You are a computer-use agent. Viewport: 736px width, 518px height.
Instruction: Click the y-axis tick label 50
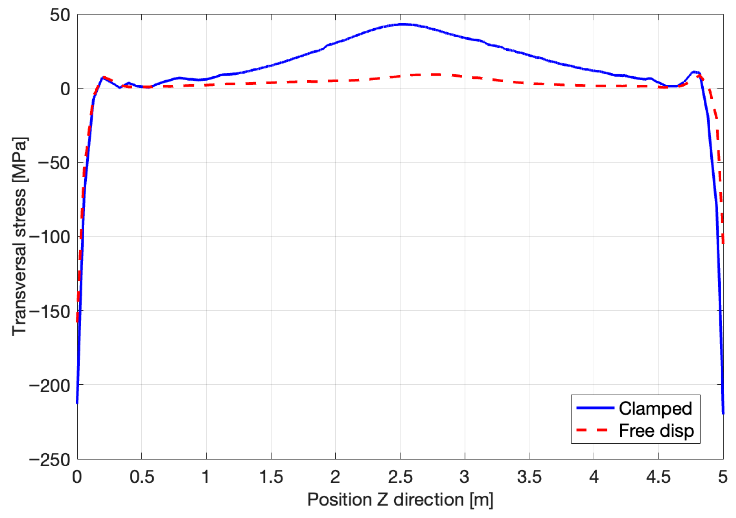coord(60,15)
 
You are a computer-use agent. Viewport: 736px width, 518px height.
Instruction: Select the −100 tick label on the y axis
coord(50,237)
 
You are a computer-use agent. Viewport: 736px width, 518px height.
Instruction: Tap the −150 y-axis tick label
coord(50,311)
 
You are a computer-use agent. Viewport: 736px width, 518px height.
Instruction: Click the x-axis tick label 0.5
coord(142,477)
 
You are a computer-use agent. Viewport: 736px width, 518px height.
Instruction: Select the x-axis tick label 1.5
coord(271,477)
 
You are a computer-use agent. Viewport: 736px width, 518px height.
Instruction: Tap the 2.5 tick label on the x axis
coord(400,477)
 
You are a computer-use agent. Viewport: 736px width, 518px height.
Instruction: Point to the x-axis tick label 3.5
coord(529,477)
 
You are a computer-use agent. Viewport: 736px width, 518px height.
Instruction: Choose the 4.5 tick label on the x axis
coord(659,477)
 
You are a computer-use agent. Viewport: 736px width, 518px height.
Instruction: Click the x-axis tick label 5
coord(723,477)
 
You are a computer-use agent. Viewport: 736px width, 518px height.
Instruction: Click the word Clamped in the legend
coord(655,409)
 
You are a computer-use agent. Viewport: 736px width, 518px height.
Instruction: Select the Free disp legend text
coord(656,430)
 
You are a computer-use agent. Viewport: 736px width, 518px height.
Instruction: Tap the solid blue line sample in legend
coord(595,408)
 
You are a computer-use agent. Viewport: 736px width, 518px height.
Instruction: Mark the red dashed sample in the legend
coord(595,430)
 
